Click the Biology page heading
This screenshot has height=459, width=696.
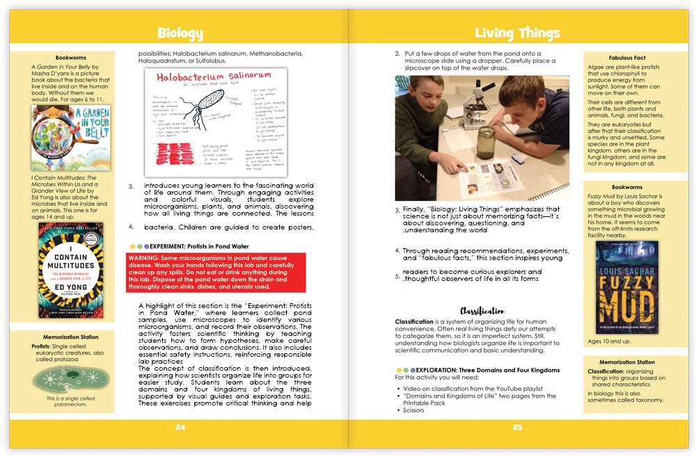tap(180, 33)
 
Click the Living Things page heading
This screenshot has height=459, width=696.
tap(516, 33)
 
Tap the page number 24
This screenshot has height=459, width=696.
tap(180, 427)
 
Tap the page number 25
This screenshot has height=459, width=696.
tap(516, 427)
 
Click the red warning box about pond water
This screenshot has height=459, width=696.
tap(216, 272)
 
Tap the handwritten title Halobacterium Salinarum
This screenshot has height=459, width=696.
tap(198, 78)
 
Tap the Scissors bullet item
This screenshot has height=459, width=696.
tap(416, 410)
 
